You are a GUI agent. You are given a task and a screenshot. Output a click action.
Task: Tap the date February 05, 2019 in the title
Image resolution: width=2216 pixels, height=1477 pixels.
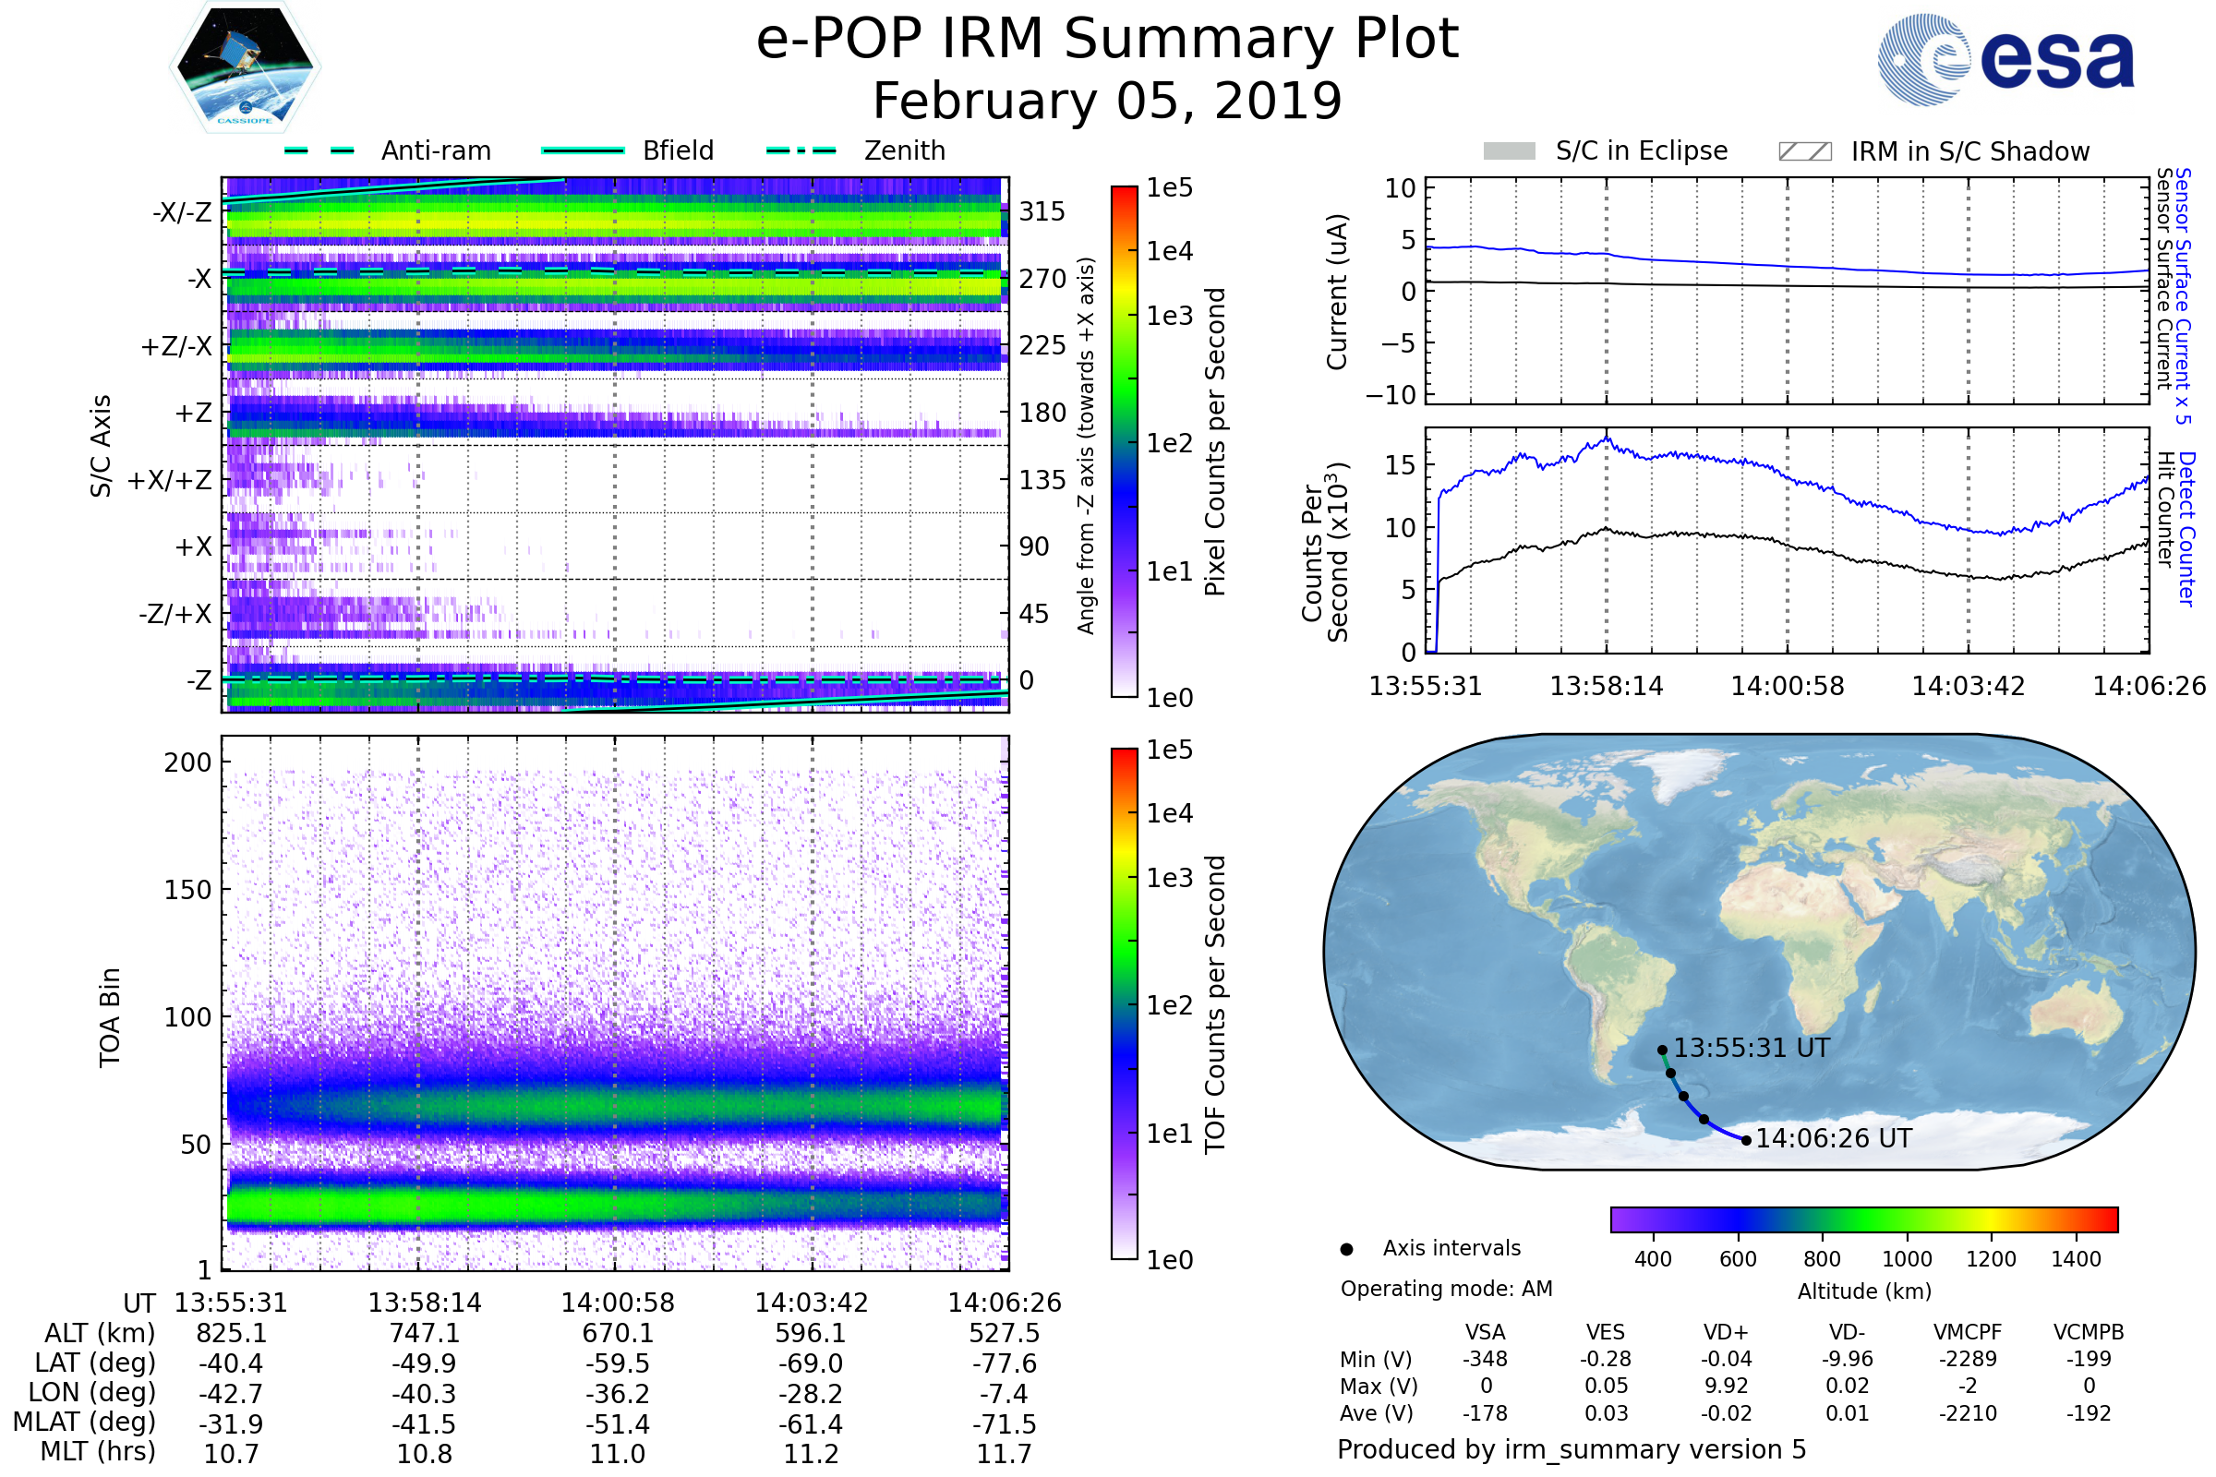click(1107, 101)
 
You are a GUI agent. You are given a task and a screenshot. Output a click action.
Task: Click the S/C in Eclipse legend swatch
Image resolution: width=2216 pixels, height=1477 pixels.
click(1509, 151)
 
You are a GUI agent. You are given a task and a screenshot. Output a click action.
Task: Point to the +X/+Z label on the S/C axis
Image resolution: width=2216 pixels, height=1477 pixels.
click(170, 480)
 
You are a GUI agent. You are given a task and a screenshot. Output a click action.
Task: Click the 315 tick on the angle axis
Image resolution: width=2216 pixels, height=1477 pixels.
click(1042, 211)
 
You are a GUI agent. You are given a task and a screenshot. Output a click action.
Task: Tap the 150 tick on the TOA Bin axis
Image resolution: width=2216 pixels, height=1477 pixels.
click(187, 890)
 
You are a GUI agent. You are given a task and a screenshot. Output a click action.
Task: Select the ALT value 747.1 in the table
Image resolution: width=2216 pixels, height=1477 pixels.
click(424, 1333)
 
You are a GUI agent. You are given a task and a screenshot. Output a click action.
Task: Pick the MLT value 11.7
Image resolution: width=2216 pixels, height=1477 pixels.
click(1004, 1453)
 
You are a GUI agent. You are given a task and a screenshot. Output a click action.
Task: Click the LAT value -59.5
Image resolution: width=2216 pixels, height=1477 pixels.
click(617, 1363)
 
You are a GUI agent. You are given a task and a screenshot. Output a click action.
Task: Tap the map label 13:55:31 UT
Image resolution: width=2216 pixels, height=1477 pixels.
click(1751, 1049)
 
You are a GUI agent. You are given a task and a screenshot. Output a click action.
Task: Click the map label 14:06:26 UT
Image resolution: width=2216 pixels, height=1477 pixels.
click(1834, 1139)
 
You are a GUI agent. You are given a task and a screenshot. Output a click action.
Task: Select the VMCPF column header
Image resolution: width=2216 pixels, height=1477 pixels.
click(1968, 1332)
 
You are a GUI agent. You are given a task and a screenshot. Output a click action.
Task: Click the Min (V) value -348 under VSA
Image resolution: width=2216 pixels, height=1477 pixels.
click(1485, 1359)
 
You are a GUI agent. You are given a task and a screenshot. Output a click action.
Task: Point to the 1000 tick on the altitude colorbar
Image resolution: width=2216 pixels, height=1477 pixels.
click(1907, 1259)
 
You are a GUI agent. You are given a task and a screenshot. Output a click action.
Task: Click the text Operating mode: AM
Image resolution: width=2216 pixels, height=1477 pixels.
click(1446, 1289)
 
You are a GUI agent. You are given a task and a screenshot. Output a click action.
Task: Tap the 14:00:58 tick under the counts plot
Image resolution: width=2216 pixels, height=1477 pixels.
click(1788, 686)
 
